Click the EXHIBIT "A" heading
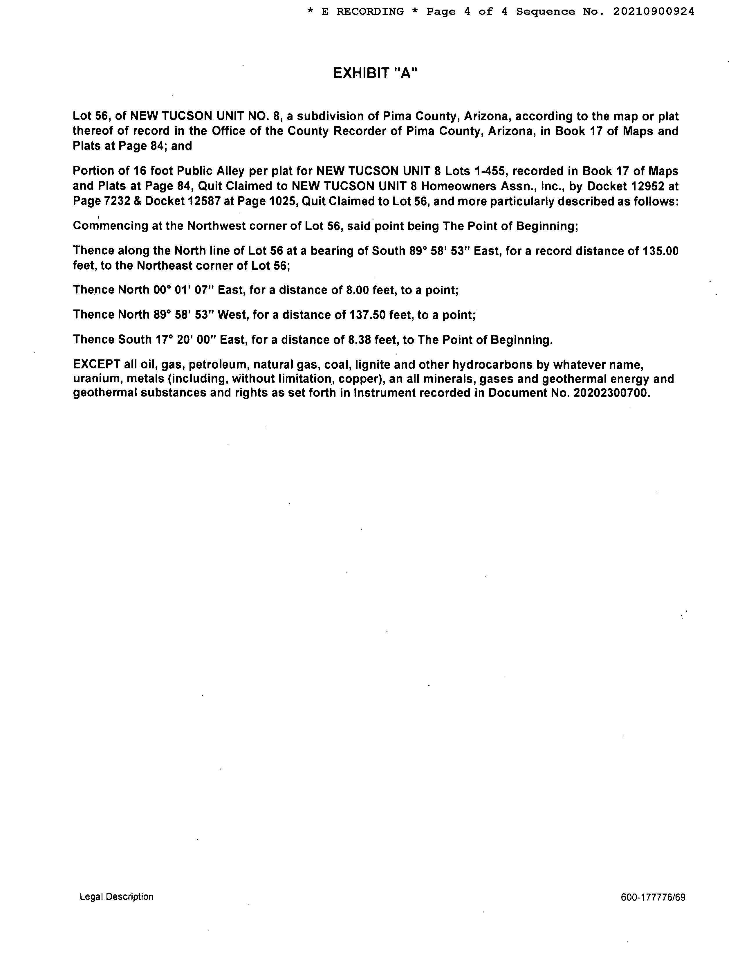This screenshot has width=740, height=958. pos(375,73)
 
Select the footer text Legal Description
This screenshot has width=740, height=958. pos(117,896)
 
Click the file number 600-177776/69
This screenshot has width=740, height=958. pos(653,897)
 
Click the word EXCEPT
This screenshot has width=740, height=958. pos(96,365)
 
